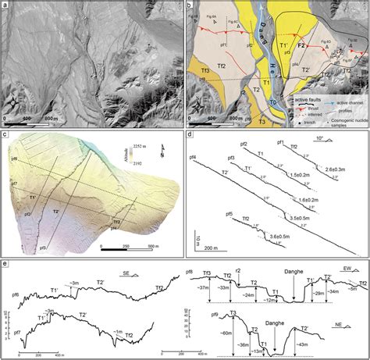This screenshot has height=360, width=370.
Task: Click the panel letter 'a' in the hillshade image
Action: click(7, 7)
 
